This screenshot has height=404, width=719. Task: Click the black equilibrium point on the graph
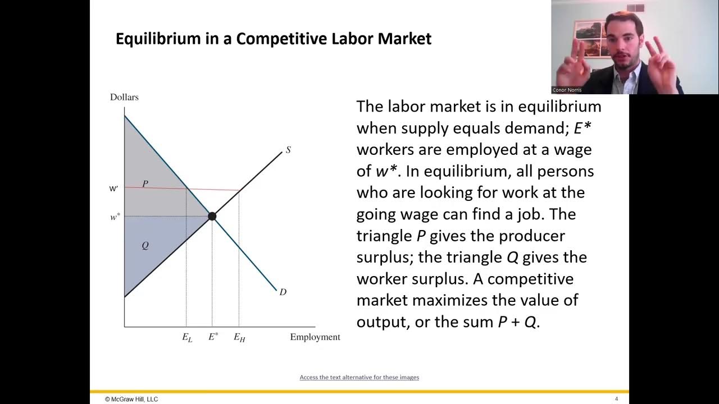[x=212, y=216]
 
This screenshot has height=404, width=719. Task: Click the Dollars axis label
[x=124, y=97]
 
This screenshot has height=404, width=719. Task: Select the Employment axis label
[x=315, y=337]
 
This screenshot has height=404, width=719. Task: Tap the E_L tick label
[x=187, y=338]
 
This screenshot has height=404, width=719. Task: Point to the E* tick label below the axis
[x=213, y=337]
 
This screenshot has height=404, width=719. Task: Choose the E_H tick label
[x=239, y=338]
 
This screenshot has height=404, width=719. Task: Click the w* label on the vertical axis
[x=115, y=217]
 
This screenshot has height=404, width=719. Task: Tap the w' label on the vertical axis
[x=113, y=189]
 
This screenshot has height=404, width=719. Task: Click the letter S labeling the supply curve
[x=288, y=150]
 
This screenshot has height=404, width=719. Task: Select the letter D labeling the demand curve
[x=283, y=292]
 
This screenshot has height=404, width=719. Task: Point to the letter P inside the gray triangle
[x=145, y=183]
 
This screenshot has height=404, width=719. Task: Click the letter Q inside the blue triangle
[x=145, y=246]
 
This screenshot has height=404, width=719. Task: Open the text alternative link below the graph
[x=359, y=377]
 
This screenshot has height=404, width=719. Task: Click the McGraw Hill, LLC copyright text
[x=131, y=399]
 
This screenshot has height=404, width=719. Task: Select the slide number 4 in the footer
[x=616, y=399]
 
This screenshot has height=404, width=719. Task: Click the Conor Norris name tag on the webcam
[x=567, y=90]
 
